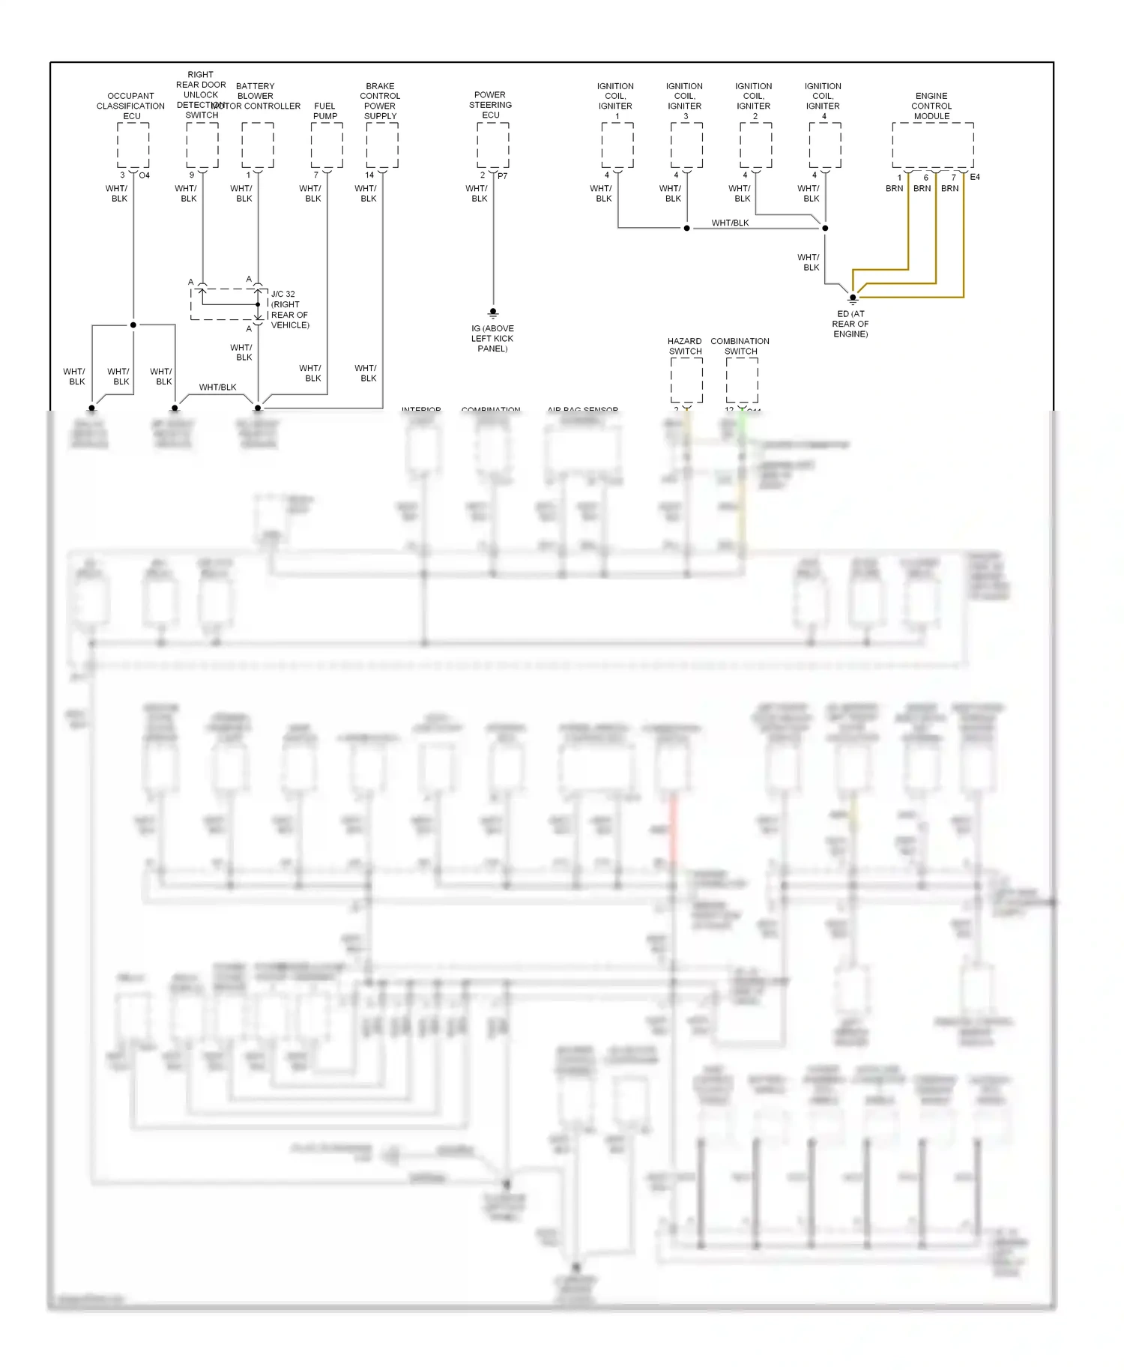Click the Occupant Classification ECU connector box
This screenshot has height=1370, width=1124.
pos(133,145)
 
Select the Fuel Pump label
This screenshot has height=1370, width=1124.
pos(325,111)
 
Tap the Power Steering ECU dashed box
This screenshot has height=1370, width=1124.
pos(492,145)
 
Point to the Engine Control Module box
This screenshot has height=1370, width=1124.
pos(932,145)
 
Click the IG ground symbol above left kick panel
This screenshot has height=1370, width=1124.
pos(493,313)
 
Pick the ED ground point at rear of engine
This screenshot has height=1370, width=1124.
pos(852,298)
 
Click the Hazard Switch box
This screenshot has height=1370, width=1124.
pos(686,380)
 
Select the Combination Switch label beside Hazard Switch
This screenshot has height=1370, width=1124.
pos(740,346)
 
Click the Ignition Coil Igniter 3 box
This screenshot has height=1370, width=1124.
pos(686,145)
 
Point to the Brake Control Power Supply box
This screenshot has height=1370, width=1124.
pos(382,145)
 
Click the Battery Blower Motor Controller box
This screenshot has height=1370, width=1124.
pos(258,145)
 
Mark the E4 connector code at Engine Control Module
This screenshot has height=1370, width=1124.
pos(975,177)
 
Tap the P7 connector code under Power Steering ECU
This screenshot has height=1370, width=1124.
pos(503,176)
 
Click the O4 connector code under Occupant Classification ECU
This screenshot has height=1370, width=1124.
pos(145,175)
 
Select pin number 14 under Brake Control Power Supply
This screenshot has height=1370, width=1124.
pos(369,175)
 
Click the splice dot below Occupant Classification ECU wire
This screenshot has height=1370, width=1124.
pos(133,325)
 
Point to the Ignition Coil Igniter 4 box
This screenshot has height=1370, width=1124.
pos(824,145)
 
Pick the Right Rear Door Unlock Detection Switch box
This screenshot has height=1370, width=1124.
pos(202,145)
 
